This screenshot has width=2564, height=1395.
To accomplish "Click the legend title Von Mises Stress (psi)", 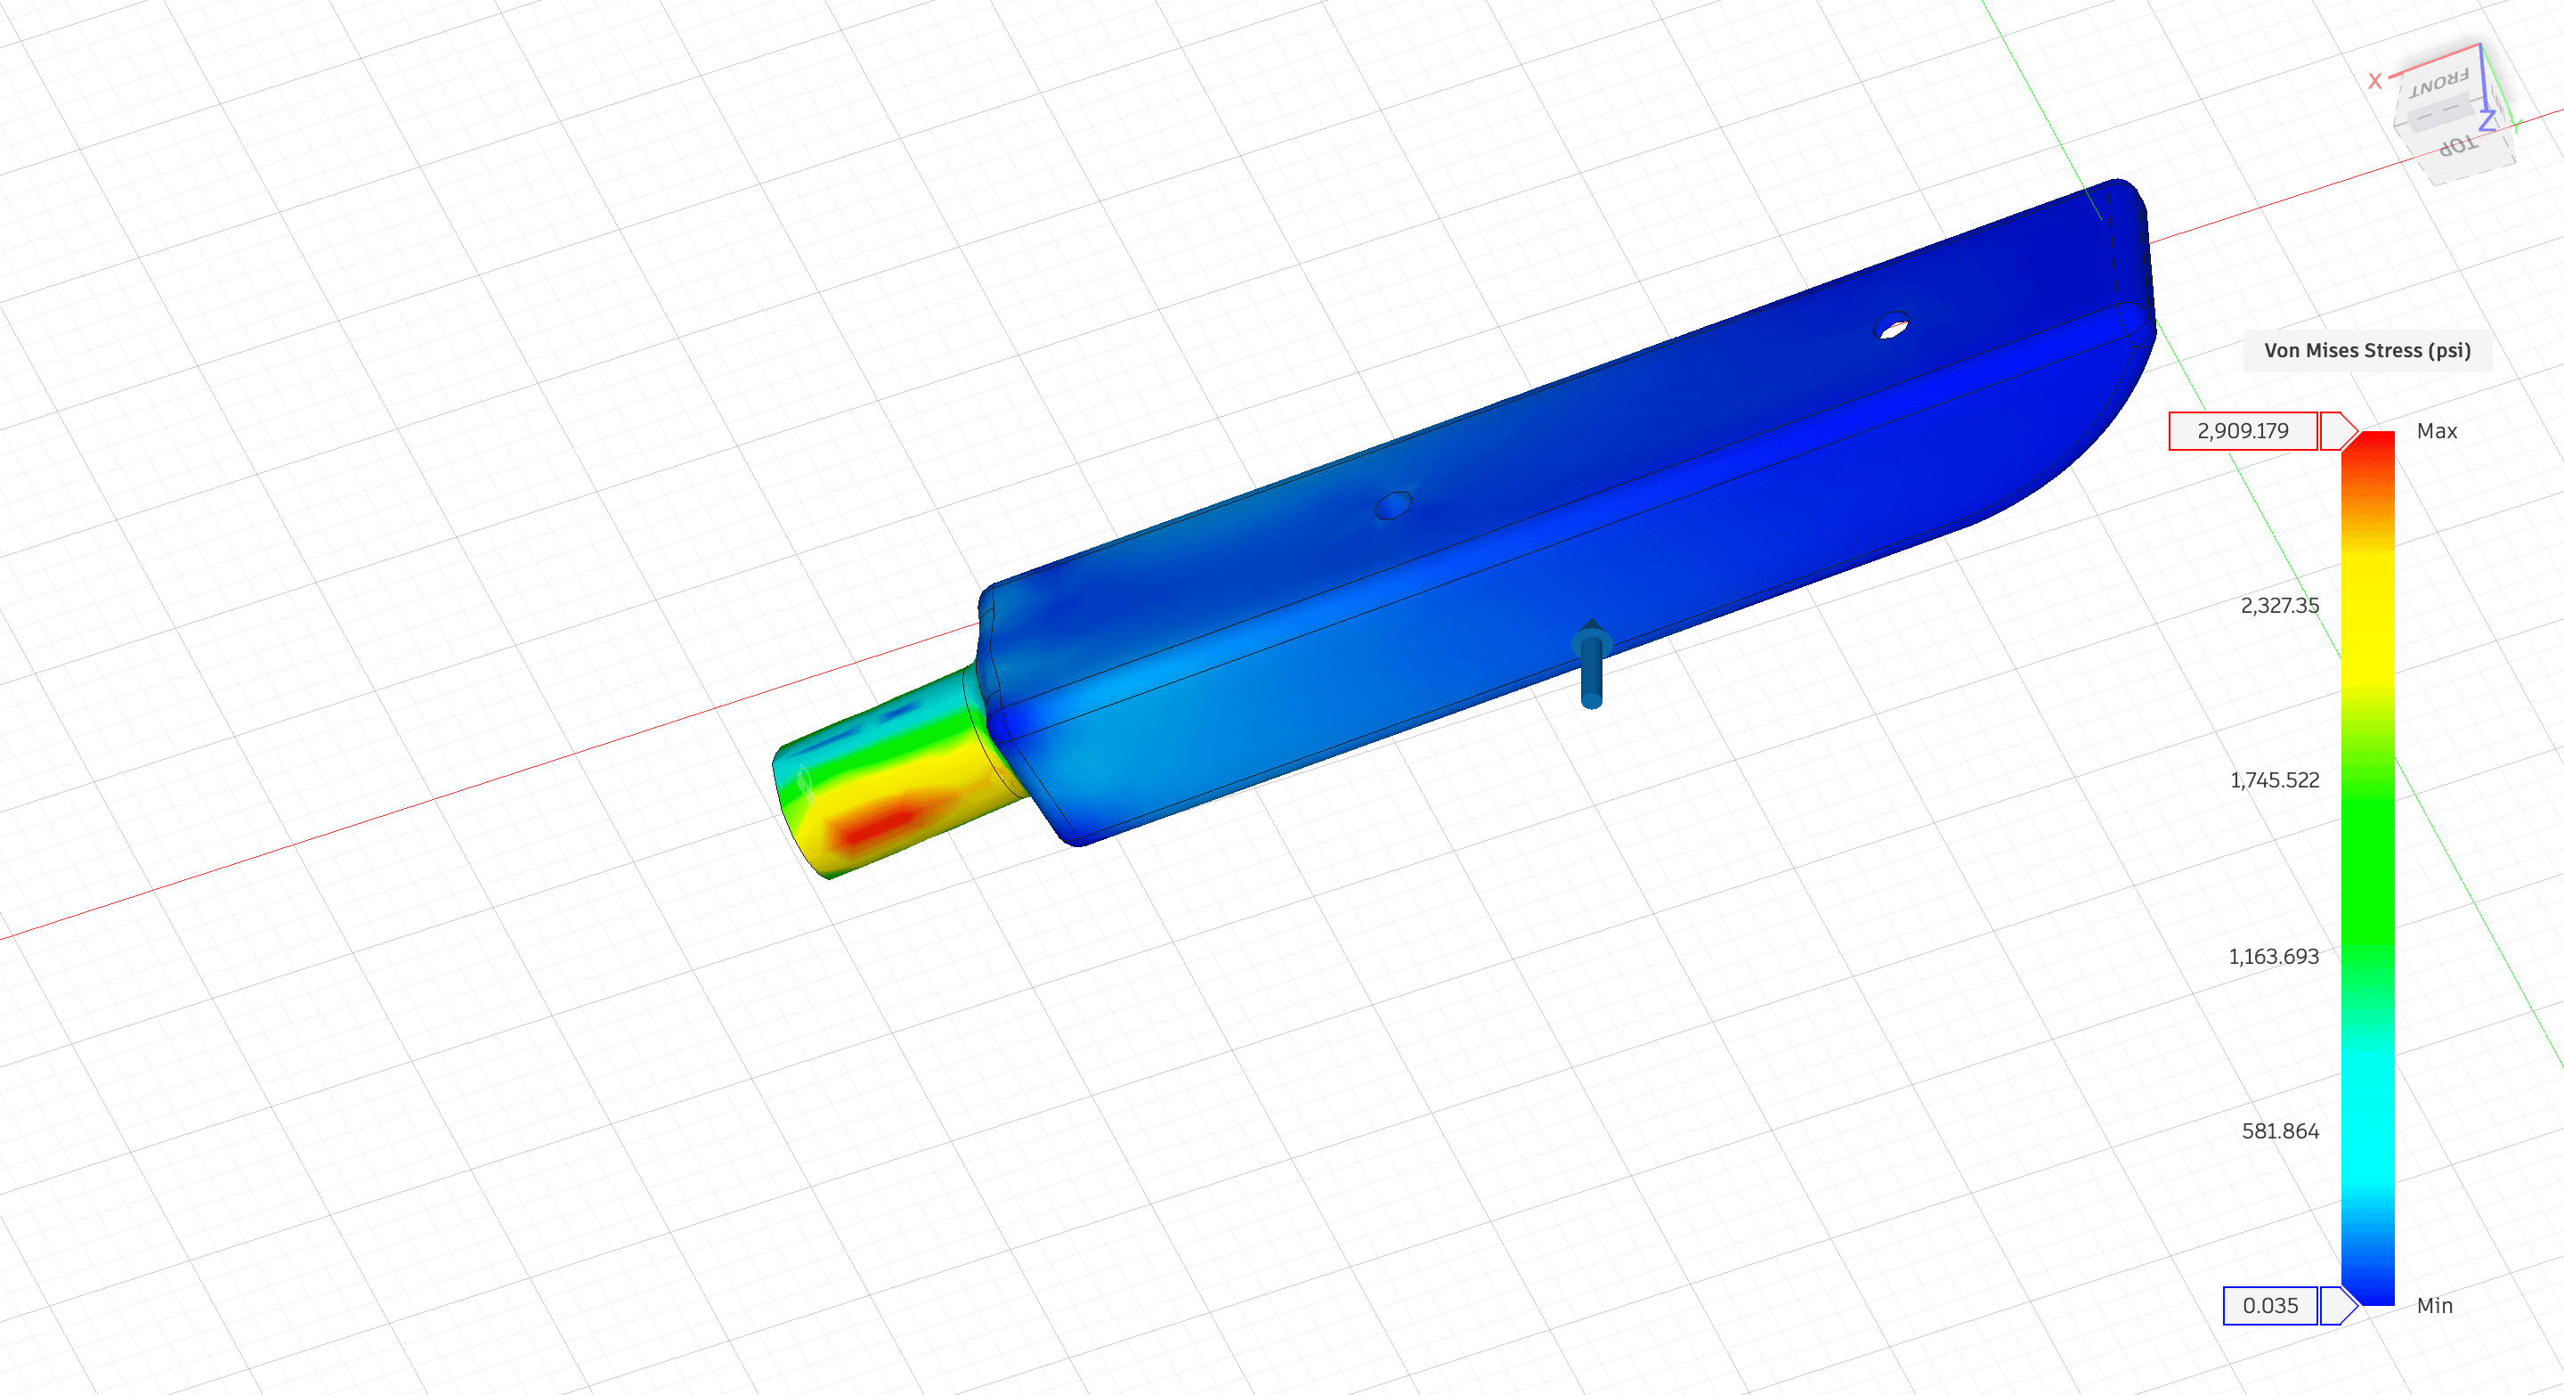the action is (x=2367, y=350).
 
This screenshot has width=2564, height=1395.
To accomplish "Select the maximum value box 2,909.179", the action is (x=2243, y=431).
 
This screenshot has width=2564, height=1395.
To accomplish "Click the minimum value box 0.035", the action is (x=2270, y=1305).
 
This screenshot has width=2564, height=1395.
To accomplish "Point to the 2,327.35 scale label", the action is (x=2279, y=606).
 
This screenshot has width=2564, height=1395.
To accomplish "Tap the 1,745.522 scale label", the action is (x=2275, y=780).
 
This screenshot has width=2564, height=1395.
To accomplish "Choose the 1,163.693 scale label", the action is (x=2274, y=957).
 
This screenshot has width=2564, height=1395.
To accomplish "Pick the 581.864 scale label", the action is (x=2280, y=1131).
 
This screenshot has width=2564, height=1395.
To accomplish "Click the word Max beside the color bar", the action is (x=2437, y=431).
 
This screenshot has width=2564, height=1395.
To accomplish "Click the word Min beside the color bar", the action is (x=2435, y=1305).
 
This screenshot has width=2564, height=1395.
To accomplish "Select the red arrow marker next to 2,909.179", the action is (x=2338, y=431).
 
